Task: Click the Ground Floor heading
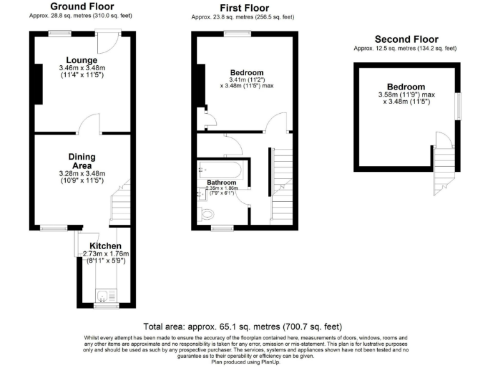point(79,7)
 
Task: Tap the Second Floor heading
point(405,39)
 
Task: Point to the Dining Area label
point(82,160)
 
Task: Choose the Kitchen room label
point(105,245)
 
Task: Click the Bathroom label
point(221,183)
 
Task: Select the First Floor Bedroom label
point(246,72)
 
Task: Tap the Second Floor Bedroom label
point(405,87)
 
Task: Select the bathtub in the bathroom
point(219,169)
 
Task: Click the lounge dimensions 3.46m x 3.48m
point(82,68)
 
